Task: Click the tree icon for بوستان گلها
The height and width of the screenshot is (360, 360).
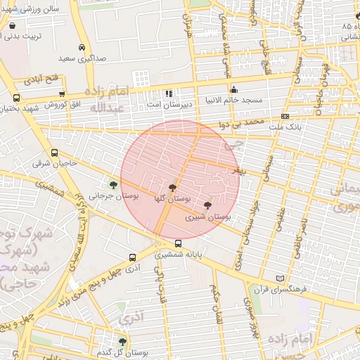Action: tap(173, 187)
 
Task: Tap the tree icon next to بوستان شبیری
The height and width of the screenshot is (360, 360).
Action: tap(207, 205)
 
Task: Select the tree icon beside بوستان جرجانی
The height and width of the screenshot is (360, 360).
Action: tap(113, 185)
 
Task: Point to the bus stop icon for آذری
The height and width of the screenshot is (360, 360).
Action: tap(132, 257)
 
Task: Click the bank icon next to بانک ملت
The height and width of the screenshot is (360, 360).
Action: tap(285, 116)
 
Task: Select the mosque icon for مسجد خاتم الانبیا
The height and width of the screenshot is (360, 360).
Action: tap(233, 90)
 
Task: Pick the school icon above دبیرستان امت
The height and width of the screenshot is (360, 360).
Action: tap(168, 94)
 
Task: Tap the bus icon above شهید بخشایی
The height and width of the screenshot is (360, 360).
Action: tap(16, 98)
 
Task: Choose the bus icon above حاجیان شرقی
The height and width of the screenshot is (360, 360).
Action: tap(54, 153)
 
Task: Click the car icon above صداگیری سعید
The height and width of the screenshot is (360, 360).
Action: tap(82, 48)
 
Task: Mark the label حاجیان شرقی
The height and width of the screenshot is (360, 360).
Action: tap(48, 164)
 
